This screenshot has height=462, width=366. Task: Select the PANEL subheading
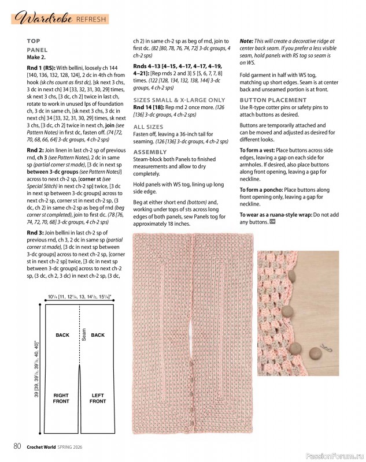[37, 50]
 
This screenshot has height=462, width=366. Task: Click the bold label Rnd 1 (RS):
[43, 68]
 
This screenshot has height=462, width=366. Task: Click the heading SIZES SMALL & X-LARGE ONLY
[179, 99]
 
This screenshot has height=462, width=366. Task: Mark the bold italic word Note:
[247, 41]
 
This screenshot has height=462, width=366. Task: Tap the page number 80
[18, 446]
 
